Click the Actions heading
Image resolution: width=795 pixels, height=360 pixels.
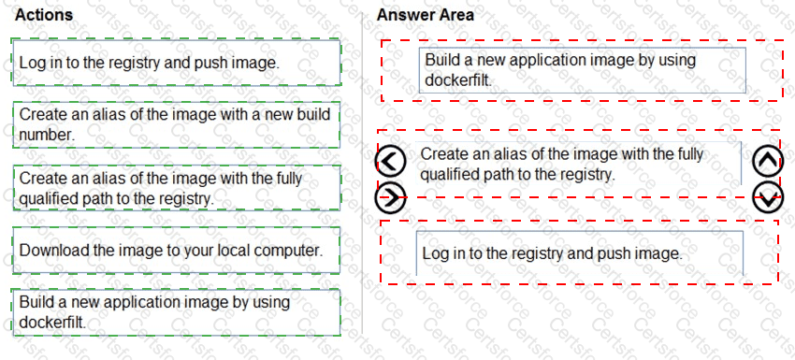44,15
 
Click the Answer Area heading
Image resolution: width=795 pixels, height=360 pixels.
425,15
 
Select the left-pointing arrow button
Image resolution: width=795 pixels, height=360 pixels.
390,163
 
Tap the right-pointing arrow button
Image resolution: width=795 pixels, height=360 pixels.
390,197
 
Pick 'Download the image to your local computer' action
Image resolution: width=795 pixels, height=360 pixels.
171,251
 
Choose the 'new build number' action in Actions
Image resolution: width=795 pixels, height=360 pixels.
174,123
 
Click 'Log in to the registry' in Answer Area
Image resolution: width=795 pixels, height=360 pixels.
553,253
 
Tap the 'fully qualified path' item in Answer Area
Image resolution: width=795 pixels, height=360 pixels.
561,164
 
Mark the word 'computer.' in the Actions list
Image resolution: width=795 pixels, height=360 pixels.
291,251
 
